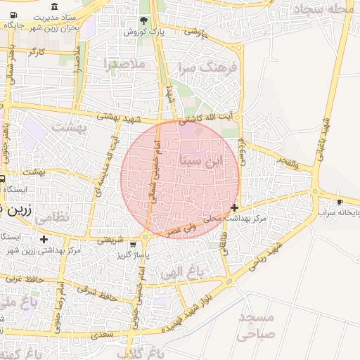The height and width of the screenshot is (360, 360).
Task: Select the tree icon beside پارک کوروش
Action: (x=144, y=20)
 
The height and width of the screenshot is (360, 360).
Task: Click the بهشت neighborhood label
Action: (x=68, y=128)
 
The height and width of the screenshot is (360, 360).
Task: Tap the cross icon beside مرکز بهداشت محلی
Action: (x=234, y=207)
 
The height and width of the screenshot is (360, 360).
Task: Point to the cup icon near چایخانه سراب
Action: (x=340, y=202)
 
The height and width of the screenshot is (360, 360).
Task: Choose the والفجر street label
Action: (x=288, y=163)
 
